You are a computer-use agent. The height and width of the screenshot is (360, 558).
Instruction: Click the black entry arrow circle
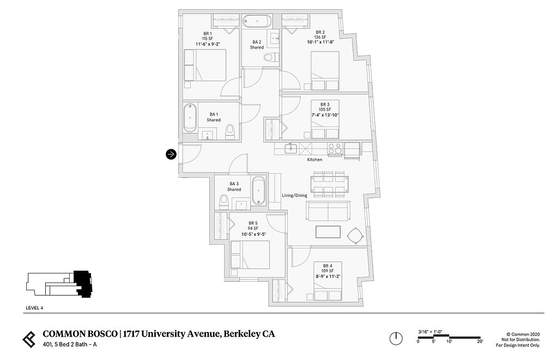point(171,154)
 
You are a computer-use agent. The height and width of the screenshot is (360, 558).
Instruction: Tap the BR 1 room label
point(208,33)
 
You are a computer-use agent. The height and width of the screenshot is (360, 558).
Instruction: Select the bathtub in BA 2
point(257,21)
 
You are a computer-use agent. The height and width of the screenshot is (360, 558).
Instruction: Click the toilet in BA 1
point(231,132)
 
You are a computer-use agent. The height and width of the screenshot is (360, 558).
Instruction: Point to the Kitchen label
point(314,160)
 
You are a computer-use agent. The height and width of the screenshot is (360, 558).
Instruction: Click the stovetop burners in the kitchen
point(335,149)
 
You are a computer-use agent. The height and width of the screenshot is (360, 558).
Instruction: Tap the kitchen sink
point(291,148)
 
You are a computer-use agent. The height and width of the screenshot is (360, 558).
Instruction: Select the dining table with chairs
point(329,184)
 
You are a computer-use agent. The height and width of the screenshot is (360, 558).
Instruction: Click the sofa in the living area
point(327,211)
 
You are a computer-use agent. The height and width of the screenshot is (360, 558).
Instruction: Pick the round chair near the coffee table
point(355,235)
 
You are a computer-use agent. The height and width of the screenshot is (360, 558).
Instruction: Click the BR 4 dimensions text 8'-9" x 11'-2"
point(327,276)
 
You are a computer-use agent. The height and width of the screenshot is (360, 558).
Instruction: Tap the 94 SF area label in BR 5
point(253,228)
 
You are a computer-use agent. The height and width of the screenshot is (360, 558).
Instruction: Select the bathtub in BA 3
point(259,191)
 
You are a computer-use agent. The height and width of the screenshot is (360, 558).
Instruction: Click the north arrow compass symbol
point(396,338)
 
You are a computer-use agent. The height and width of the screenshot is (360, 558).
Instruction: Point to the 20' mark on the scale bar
point(480,341)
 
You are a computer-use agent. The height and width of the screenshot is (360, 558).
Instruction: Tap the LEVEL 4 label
point(34,308)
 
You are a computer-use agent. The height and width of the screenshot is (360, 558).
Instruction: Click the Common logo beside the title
point(29,339)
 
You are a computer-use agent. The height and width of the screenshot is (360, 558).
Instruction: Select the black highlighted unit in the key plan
point(83,284)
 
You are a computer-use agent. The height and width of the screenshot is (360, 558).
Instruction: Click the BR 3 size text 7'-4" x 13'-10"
point(325,115)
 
